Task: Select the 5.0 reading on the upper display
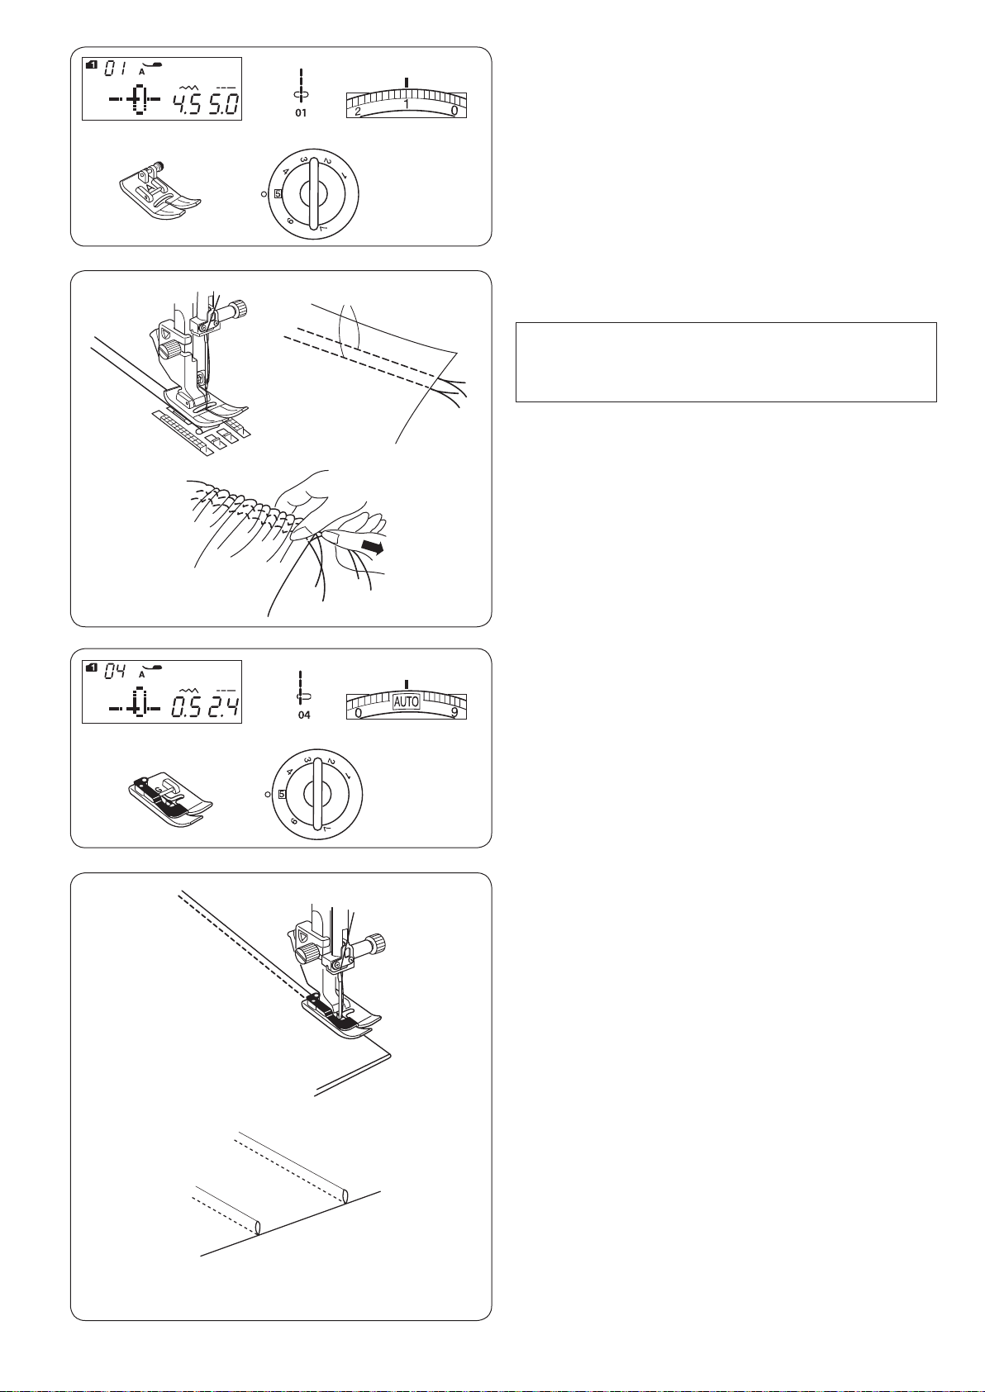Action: (x=223, y=103)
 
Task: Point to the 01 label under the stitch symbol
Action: (x=301, y=113)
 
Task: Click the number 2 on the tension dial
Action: (x=357, y=111)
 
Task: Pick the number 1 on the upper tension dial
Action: (x=407, y=104)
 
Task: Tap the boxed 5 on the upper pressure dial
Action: (x=278, y=193)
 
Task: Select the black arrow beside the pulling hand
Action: (x=372, y=546)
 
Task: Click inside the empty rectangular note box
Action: (x=726, y=362)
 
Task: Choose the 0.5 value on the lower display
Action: (x=187, y=706)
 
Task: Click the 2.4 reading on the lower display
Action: (x=224, y=706)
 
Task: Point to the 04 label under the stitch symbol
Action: (x=304, y=715)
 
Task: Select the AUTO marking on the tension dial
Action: (x=407, y=701)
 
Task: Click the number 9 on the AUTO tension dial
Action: (x=455, y=712)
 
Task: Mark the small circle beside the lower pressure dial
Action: (x=267, y=795)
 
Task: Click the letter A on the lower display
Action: (x=141, y=674)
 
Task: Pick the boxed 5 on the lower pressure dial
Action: (x=282, y=794)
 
